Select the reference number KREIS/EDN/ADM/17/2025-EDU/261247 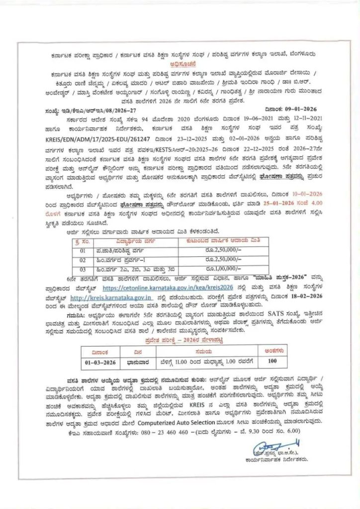pos(108,134)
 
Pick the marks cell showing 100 pos(271,361)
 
